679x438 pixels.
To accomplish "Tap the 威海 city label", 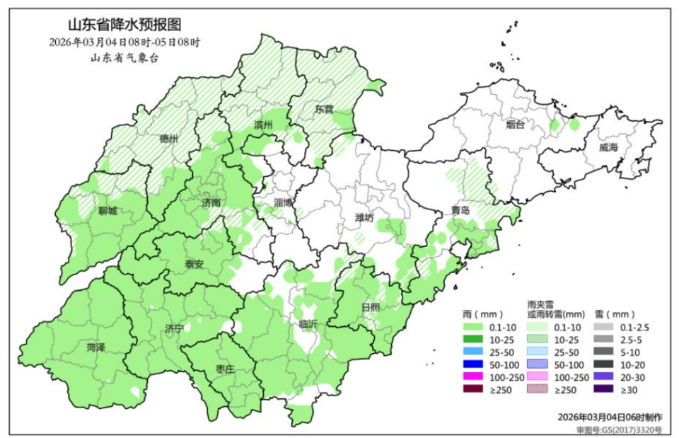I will (608, 147).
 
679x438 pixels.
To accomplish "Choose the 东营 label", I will (324, 110).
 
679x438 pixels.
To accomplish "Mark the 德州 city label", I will (169, 138).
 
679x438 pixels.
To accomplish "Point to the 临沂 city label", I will (308, 323).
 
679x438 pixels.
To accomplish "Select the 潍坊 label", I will (364, 217).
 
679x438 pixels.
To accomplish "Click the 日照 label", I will (370, 306).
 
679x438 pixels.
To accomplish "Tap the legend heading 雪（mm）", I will (614, 313).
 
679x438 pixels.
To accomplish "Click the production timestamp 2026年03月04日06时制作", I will (610, 417).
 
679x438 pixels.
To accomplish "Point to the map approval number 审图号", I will (619, 429).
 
